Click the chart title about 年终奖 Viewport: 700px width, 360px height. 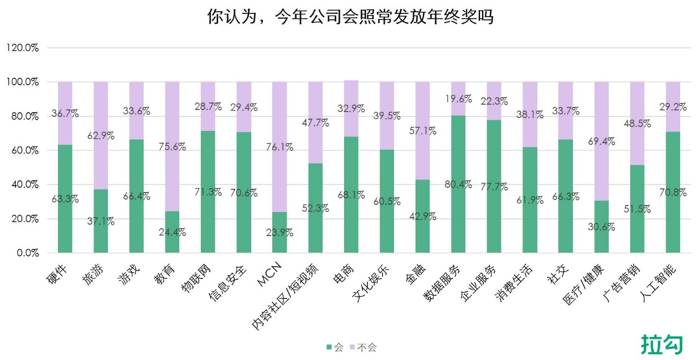tap(350, 17)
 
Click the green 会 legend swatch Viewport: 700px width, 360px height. tap(329, 348)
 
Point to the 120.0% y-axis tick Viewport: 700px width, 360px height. tap(22, 48)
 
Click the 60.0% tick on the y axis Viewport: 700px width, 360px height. tap(24, 150)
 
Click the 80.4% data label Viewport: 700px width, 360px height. tap(458, 185)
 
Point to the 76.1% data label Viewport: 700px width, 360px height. tap(280, 147)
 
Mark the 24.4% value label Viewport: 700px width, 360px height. tap(172, 233)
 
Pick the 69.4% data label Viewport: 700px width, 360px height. tap(601, 142)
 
